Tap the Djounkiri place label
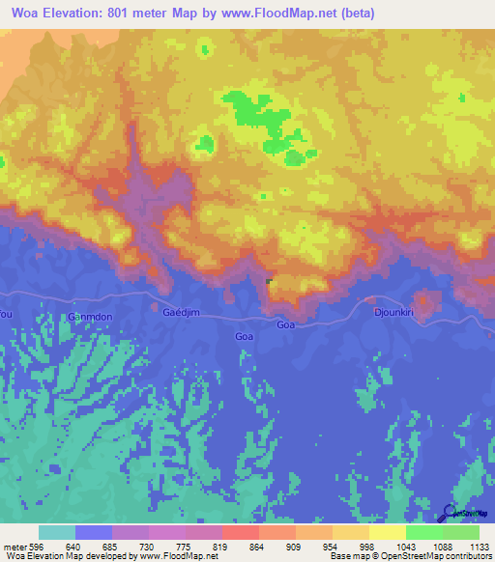393,313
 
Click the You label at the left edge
6,314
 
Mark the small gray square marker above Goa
269,282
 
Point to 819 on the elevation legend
222,546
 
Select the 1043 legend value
406,546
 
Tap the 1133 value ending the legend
480,546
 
